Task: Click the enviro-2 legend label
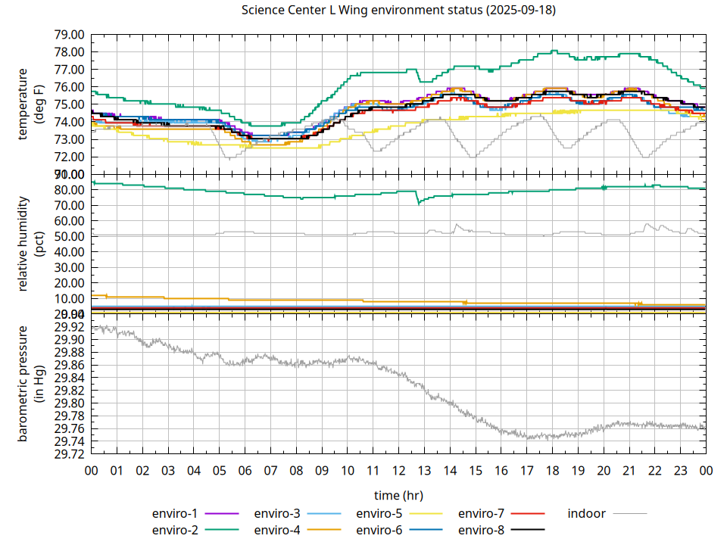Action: coord(175,530)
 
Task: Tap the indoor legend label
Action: coord(587,513)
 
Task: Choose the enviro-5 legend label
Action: coord(379,513)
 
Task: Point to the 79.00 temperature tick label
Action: coord(70,35)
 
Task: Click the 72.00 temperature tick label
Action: coord(70,157)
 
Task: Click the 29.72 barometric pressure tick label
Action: coord(70,454)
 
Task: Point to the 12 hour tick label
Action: coord(398,471)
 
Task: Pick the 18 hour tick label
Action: coord(552,471)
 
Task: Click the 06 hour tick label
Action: coord(245,471)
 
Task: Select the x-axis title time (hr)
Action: coord(398,495)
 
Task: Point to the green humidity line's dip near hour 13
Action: coord(419,204)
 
